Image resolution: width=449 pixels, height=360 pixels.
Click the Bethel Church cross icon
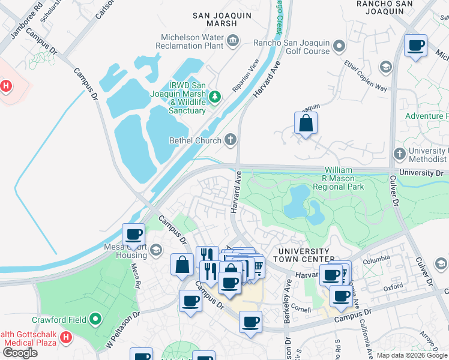coord(229,140)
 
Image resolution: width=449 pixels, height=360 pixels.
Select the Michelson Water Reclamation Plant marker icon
coord(233,40)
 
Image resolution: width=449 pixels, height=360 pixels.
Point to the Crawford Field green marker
coord(95,320)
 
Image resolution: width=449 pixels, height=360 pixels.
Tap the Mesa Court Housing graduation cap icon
coord(156,250)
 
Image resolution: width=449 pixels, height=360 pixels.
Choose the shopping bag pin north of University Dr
coord(306,124)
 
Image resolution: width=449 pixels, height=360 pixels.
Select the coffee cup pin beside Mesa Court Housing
coord(134,234)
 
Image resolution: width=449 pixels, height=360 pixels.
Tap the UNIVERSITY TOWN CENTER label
coord(301,255)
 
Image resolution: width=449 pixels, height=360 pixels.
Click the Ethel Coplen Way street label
coord(366,76)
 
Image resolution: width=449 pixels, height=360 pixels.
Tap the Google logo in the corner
coord(20,352)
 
